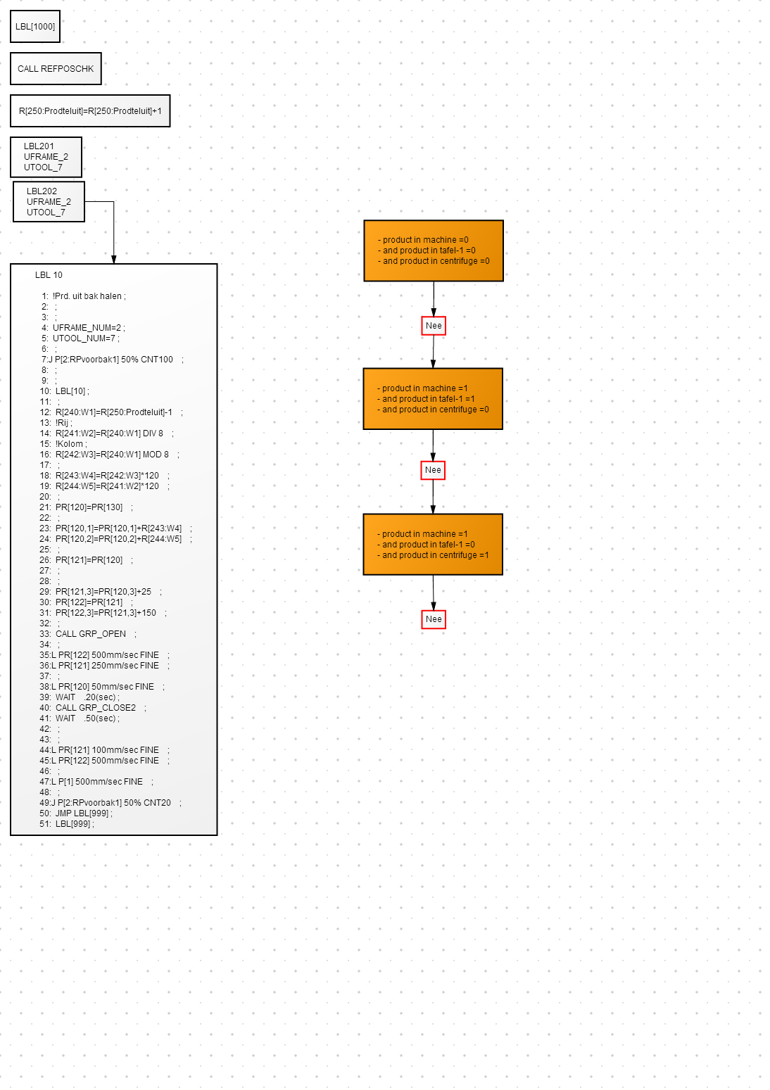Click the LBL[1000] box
click(35, 26)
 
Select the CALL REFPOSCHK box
click(56, 69)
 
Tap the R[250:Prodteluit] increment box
click(91, 111)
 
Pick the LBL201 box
click(46, 157)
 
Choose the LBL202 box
click(49, 201)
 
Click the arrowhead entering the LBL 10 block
click(114, 260)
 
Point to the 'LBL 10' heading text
click(49, 275)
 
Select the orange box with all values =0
click(434, 251)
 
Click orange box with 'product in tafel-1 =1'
click(433, 398)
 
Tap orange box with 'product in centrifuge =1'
click(433, 544)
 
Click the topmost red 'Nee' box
click(434, 326)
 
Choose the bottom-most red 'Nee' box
click(434, 619)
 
